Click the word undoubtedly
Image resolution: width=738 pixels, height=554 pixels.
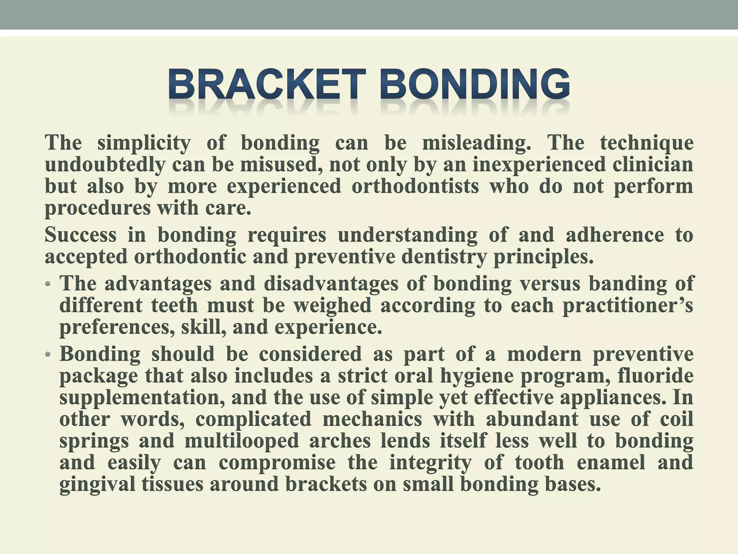(104, 165)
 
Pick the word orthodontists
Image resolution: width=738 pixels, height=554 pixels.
(415, 187)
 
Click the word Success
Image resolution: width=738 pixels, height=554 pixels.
(80, 235)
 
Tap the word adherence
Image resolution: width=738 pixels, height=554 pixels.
(614, 235)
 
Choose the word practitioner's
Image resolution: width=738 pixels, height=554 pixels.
(627, 305)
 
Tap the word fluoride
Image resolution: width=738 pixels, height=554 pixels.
(655, 376)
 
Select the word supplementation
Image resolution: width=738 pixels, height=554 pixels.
(142, 398)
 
